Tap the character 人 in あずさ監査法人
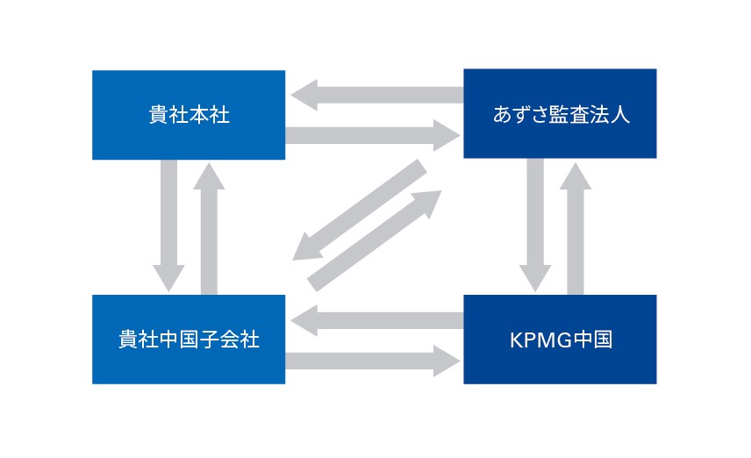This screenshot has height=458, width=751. pos(620,115)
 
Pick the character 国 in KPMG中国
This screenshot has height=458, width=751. pos(601,340)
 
